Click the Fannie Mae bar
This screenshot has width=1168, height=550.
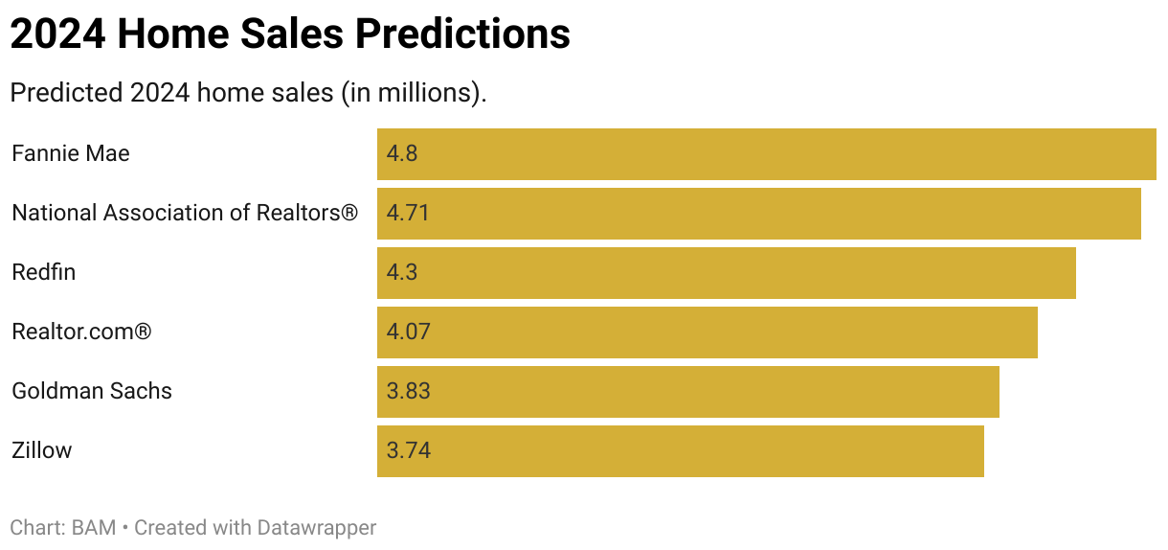click(x=766, y=154)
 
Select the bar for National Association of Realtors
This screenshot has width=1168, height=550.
click(x=758, y=214)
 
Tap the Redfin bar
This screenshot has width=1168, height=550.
click(x=726, y=273)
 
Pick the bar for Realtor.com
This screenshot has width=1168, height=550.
click(x=707, y=332)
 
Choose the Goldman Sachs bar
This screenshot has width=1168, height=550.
click(x=687, y=392)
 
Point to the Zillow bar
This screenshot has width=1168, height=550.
click(x=680, y=451)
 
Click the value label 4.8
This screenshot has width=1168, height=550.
click(x=402, y=154)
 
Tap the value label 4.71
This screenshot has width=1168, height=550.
click(x=408, y=214)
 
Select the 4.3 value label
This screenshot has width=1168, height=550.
click(x=402, y=273)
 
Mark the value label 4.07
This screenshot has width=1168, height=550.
click(x=409, y=332)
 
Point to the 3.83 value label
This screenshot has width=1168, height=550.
click(x=409, y=392)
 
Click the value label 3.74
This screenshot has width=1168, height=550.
click(x=409, y=451)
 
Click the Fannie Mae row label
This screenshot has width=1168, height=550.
click(x=71, y=153)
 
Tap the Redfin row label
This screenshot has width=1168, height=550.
click(x=43, y=272)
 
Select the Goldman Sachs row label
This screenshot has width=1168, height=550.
click(x=92, y=391)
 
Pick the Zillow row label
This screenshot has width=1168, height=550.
click(x=41, y=450)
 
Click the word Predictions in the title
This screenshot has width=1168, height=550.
click(x=462, y=35)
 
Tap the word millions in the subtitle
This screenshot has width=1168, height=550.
click(x=428, y=94)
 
